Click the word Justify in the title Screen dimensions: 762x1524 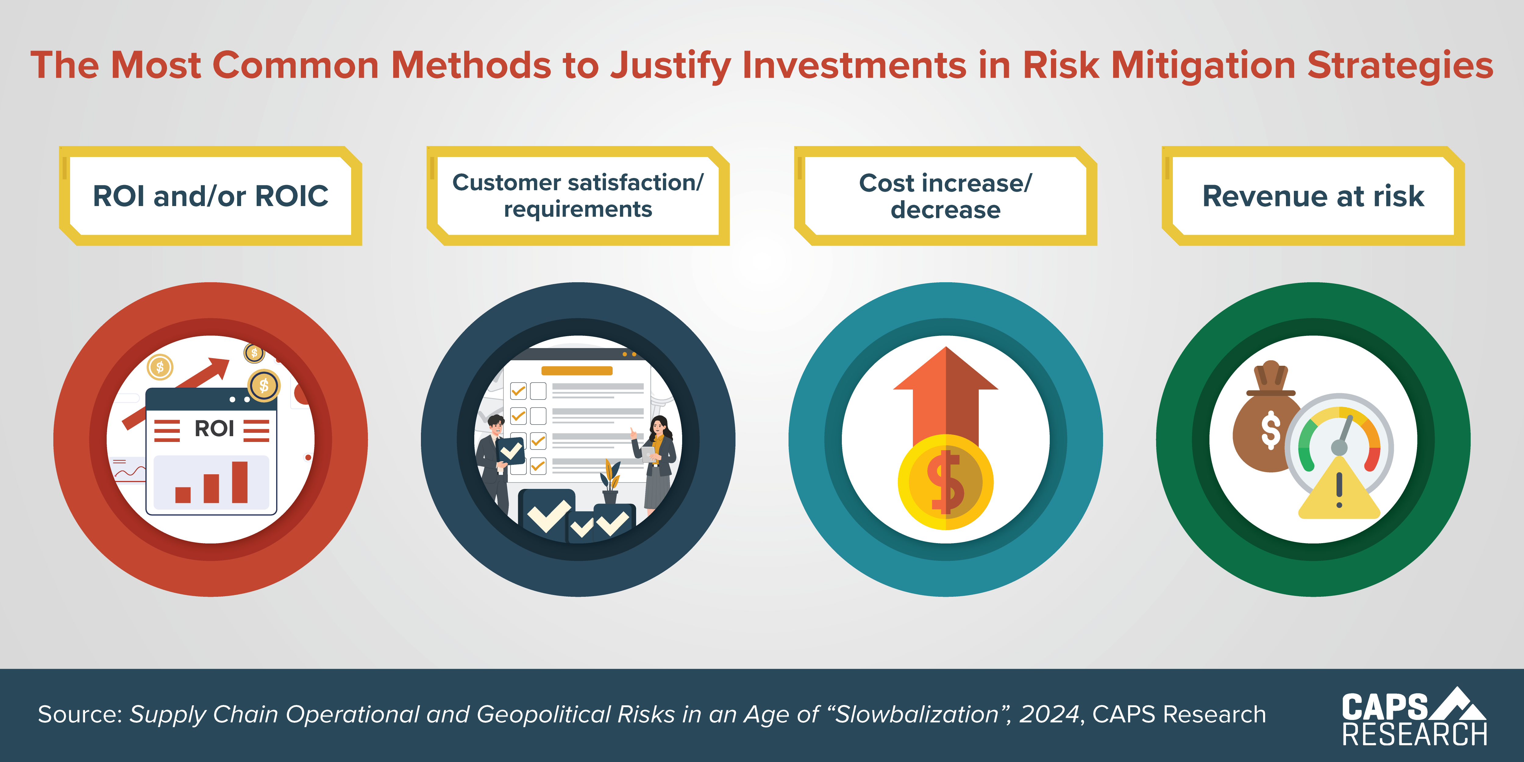point(671,65)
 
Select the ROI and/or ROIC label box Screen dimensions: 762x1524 point(211,196)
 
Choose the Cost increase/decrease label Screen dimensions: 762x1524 point(945,196)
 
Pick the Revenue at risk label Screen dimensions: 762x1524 point(1313,196)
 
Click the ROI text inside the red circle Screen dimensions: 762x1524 point(214,428)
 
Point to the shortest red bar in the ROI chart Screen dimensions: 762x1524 point(183,495)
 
